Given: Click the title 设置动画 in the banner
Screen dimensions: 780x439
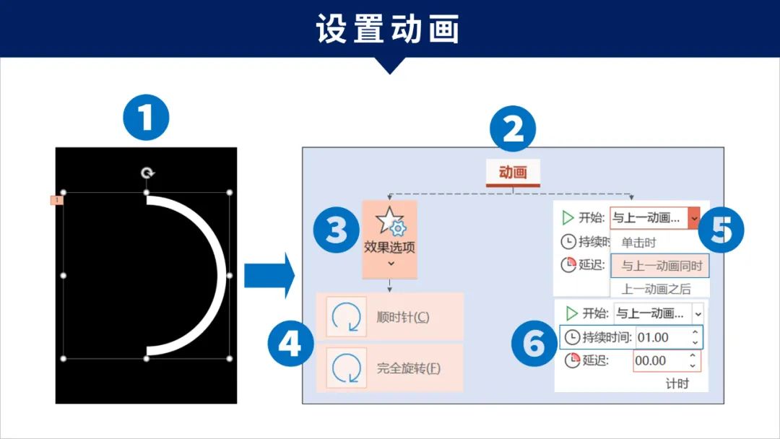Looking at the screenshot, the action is click(388, 28).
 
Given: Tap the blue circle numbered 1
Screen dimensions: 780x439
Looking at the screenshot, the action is click(146, 118).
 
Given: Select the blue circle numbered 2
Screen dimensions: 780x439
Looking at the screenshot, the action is click(512, 129).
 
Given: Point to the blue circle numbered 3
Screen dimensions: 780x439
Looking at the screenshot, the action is click(337, 230).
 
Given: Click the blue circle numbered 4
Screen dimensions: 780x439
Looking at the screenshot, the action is click(290, 343).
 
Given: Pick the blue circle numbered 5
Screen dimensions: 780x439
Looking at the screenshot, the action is click(721, 230).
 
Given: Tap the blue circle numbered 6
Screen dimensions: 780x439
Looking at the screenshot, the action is click(534, 344).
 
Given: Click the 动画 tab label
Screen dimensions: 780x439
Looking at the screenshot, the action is click(513, 172).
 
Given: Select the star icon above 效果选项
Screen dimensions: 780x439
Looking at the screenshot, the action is click(391, 221).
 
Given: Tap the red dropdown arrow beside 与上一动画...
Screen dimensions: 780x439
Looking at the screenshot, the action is click(694, 218).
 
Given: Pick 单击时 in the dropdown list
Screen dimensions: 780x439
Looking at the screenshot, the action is click(638, 243).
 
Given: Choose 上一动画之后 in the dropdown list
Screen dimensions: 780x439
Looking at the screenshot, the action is click(656, 288).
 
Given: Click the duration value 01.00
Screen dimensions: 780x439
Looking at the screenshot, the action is click(653, 338).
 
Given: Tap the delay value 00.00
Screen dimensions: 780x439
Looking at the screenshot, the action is click(650, 360).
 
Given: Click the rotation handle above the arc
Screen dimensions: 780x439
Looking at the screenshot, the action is click(147, 173).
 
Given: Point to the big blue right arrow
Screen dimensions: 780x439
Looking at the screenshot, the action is click(269, 275).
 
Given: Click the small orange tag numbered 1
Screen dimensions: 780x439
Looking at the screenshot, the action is click(57, 200).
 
